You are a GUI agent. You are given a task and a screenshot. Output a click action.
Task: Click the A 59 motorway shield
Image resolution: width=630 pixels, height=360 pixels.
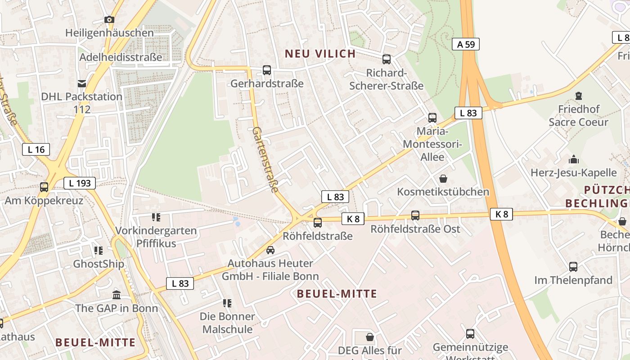(x=466, y=44)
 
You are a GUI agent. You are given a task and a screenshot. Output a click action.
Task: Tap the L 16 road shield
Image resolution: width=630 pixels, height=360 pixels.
(x=36, y=149)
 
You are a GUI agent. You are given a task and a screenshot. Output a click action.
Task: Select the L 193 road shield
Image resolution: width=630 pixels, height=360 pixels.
(x=80, y=183)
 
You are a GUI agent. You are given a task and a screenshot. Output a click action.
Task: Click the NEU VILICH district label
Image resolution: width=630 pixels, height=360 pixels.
(x=320, y=54)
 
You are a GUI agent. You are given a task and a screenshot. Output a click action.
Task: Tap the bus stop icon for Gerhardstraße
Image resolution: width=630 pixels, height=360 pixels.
(x=267, y=70)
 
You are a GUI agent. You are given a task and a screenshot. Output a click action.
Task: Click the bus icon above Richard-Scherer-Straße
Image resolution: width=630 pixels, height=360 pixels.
(x=387, y=59)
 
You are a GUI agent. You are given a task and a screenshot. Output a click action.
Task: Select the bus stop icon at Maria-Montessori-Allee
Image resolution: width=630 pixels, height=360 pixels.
(x=432, y=118)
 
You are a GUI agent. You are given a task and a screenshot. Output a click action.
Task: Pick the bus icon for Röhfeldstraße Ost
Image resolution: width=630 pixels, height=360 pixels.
(x=415, y=216)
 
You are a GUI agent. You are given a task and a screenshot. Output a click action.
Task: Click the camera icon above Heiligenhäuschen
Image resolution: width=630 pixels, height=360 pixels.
(x=109, y=19)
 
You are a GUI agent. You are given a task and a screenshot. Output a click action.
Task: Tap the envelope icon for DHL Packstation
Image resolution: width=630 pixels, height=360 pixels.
(x=82, y=83)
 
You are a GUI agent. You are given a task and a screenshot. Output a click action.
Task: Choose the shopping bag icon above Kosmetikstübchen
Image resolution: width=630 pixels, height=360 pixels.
(x=443, y=179)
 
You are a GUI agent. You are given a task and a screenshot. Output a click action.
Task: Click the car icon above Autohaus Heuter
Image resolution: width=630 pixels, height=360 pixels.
(x=270, y=250)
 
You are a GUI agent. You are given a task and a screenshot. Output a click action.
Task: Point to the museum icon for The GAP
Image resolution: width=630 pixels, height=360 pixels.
(x=117, y=295)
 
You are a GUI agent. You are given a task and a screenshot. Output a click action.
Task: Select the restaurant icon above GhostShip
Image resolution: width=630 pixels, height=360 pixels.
(x=99, y=250)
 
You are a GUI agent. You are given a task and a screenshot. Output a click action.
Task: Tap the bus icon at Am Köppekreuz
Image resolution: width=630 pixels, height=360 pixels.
(x=44, y=187)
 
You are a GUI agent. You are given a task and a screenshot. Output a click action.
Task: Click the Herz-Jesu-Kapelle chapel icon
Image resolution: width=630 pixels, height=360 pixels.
(x=574, y=159)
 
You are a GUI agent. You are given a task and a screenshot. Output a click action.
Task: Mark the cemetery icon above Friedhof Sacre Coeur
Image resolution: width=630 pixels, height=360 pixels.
(x=579, y=96)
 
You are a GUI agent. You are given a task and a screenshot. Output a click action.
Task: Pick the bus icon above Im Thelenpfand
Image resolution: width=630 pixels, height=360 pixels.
(x=573, y=267)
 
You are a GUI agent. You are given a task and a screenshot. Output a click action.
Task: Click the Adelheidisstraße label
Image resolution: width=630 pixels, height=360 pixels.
(x=121, y=57)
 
